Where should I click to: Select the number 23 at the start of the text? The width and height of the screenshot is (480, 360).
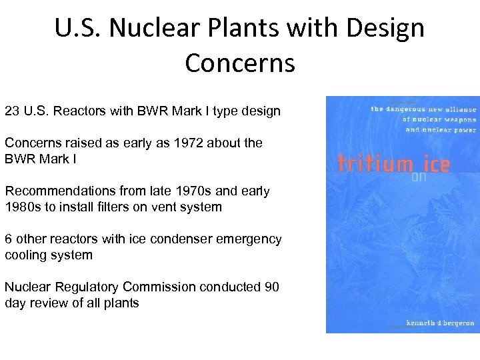click(12, 111)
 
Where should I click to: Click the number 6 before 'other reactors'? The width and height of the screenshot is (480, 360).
click(8, 239)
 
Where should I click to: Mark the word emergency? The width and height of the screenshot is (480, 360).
click(249, 239)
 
